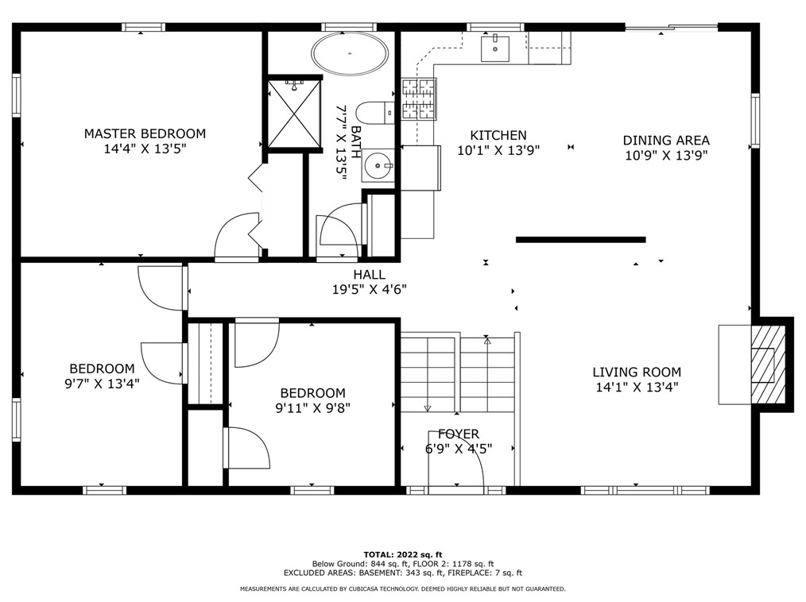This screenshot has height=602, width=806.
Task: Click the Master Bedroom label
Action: coord(145,133)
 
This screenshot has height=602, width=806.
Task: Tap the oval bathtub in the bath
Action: coord(350,53)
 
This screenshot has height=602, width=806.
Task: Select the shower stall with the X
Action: coord(294,114)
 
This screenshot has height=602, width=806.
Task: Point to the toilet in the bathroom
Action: coord(375,113)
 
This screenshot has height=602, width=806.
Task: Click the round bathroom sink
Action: coord(378,165)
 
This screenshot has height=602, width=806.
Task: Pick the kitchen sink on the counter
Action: coord(494,48)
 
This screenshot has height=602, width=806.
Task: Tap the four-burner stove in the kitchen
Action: coord(418,99)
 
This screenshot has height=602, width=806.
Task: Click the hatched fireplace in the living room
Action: coord(769,365)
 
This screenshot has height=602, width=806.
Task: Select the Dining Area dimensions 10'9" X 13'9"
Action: coord(667,155)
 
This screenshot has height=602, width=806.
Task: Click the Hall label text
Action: coord(369,275)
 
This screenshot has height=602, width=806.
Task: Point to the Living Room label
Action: coord(637,372)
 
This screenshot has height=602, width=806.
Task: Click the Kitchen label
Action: coord(498,135)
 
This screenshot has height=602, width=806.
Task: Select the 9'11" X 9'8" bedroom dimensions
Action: coord(313,408)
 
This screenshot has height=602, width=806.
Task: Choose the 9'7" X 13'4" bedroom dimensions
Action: coord(102,384)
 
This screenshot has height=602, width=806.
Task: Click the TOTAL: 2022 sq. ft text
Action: coord(403,554)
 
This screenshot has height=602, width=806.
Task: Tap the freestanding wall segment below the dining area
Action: coord(581,239)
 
